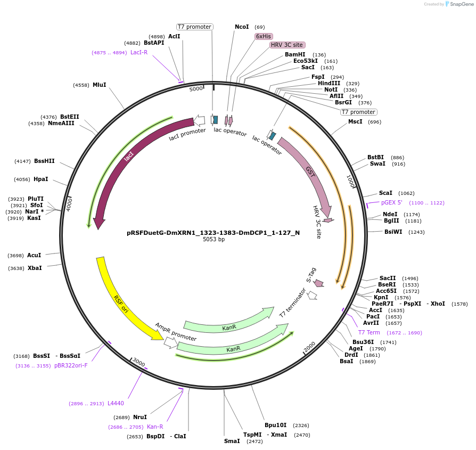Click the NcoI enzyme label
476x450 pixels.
pyautogui.click(x=242, y=27)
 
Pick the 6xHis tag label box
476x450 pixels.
pyautogui.click(x=264, y=36)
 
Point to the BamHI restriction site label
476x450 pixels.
pyautogui.click(x=295, y=54)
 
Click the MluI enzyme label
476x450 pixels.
pyautogui.click(x=100, y=85)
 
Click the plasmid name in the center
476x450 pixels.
pyautogui.click(x=213, y=233)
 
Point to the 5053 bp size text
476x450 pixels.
pyautogui.click(x=214, y=240)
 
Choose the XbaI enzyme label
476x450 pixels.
pyautogui.click(x=35, y=268)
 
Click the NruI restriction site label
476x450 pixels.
pyautogui.click(x=140, y=417)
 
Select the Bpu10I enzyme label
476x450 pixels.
pyautogui.click(x=275, y=425)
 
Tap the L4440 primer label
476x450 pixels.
pyautogui.click(x=116, y=403)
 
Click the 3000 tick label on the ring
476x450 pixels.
pyautogui.click(x=138, y=363)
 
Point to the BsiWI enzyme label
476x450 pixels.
pyautogui.click(x=393, y=232)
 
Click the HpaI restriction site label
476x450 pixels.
pyautogui.click(x=41, y=179)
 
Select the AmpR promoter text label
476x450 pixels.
pyautogui.click(x=176, y=332)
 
